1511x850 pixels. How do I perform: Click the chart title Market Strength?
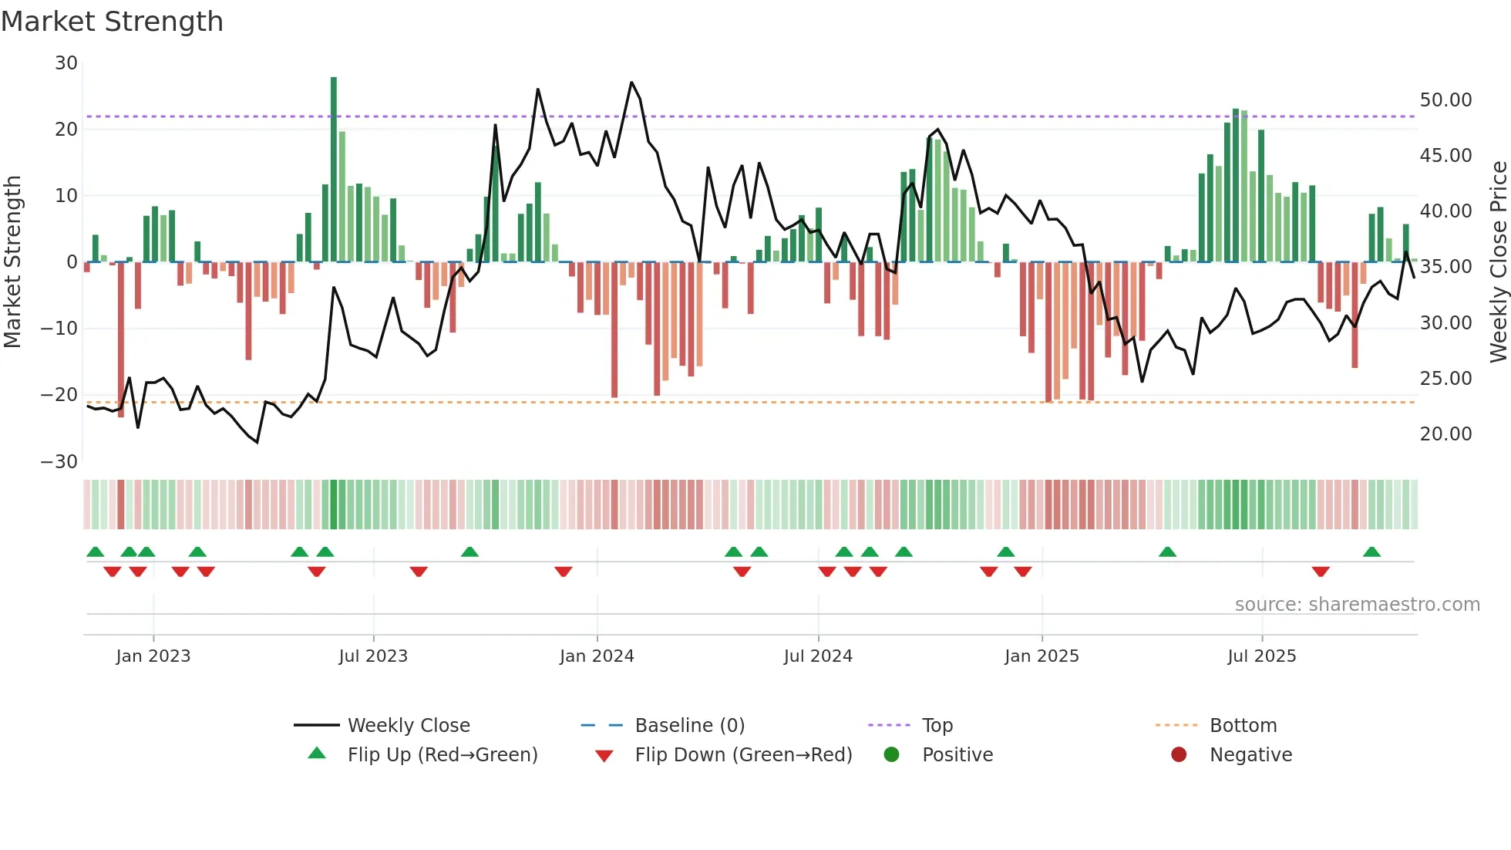tap(112, 22)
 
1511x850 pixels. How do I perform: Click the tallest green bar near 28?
tap(334, 170)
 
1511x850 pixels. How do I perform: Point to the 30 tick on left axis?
tap(66, 63)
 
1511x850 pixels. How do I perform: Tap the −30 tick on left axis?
tap(59, 462)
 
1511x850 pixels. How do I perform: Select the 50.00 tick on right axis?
tap(1445, 100)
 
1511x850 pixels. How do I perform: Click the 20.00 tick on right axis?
tap(1445, 434)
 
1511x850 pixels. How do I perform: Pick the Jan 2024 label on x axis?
tap(597, 656)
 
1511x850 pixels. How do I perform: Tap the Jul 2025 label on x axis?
tap(1261, 656)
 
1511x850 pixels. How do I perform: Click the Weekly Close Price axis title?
tap(1498, 261)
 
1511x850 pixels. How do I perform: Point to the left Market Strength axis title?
tap(13, 261)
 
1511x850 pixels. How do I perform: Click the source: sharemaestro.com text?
tap(1357, 605)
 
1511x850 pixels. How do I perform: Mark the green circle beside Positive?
tap(892, 754)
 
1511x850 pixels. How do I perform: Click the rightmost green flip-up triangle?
tap(1371, 552)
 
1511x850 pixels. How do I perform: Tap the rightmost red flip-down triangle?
tap(1321, 572)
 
